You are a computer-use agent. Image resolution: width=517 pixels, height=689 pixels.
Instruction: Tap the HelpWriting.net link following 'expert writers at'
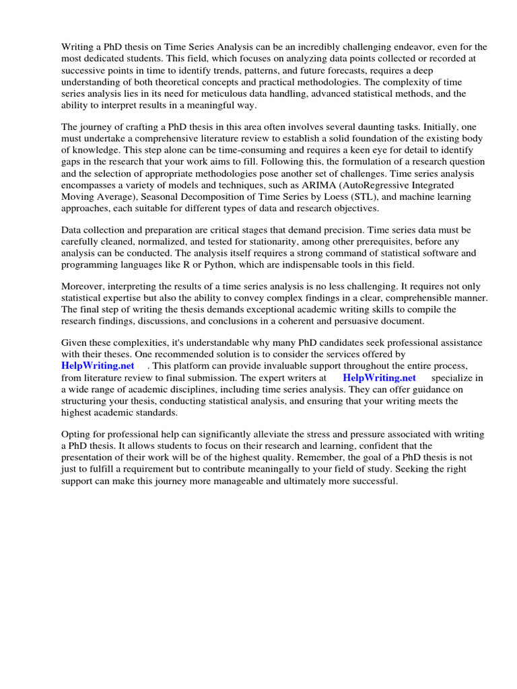point(379,378)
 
